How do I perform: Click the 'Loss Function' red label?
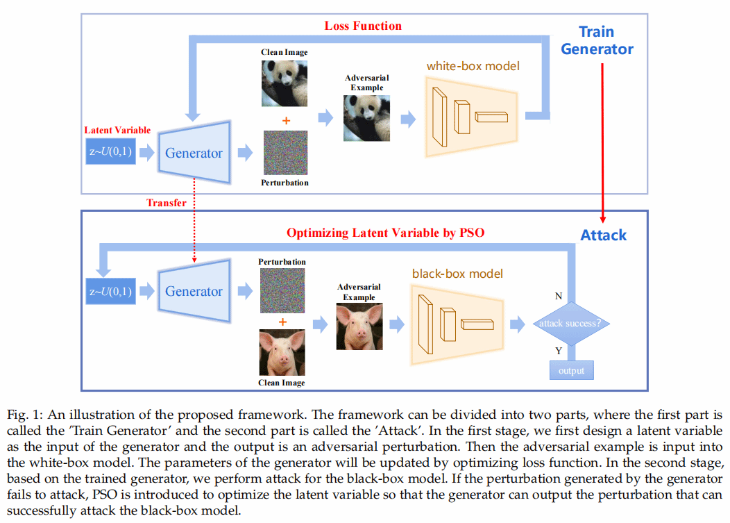[363, 26]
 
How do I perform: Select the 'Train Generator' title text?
[597, 40]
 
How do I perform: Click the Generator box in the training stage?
[194, 153]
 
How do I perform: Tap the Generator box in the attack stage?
[194, 291]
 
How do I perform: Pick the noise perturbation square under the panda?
[285, 153]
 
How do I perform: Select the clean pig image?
[282, 352]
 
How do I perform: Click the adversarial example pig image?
[357, 326]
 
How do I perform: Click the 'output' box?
[571, 370]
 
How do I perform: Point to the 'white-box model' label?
[473, 67]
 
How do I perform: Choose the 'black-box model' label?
[457, 274]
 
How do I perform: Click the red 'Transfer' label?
[166, 203]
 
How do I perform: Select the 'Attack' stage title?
[603, 235]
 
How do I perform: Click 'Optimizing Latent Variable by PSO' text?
[385, 233]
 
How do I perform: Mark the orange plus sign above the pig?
[282, 322]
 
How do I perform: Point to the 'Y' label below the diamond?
[559, 351]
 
